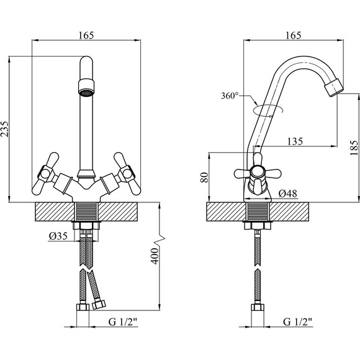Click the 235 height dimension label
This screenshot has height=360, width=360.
point(4,129)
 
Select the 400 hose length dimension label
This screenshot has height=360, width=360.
point(155,256)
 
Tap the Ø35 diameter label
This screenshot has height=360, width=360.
point(58,236)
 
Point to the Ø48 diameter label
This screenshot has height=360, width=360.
point(287,194)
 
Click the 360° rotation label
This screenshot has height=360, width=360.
point(230,96)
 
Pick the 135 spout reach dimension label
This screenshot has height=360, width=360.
point(295,142)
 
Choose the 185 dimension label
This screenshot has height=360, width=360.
point(354,148)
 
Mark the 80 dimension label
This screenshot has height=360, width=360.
point(204,178)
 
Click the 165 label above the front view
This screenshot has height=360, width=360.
point(86,35)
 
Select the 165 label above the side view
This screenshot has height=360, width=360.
point(293,35)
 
